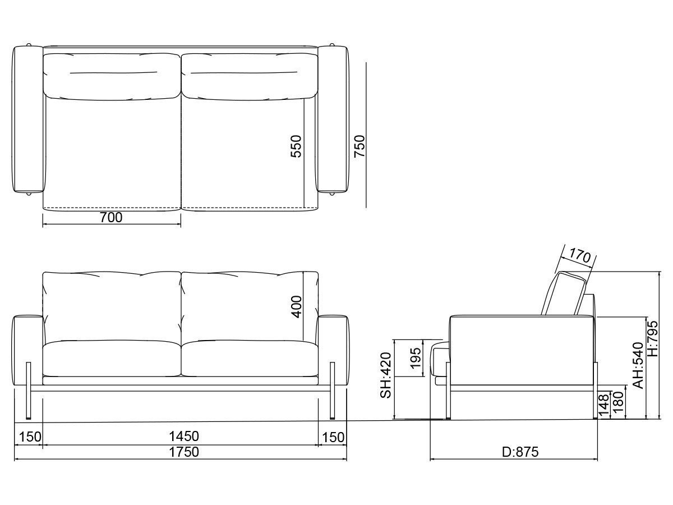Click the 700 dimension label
coord(111,218)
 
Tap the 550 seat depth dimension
coord(296,146)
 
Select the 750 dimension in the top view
coord(359,146)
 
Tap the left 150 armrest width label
coord(28,437)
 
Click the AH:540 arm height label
coord(638,365)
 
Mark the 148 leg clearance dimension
coord(603,405)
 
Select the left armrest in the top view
coord(28,119)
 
